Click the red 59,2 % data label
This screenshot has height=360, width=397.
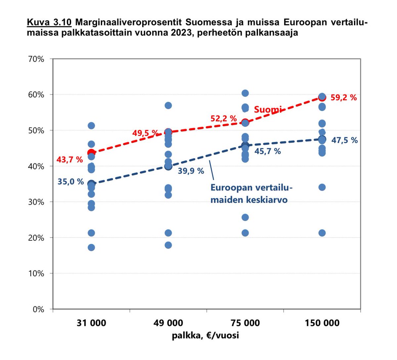point(343,98)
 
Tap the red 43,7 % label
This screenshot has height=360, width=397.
point(69,160)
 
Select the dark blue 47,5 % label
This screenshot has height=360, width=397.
point(344,140)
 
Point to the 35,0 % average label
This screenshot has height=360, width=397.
point(70,182)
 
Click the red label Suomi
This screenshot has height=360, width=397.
point(268,110)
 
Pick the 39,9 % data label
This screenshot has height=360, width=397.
point(191,171)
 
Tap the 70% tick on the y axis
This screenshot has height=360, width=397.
point(36,59)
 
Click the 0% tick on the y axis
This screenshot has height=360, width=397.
point(38,309)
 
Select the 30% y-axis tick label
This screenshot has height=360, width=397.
point(36,202)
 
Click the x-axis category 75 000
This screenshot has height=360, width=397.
point(245,323)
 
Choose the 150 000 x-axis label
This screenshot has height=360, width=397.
point(322,323)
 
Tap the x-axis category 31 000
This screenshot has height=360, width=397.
point(91,323)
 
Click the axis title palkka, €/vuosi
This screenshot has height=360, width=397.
point(205,336)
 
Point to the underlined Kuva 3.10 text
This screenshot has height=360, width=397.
point(49,22)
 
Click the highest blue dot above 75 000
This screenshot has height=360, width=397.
point(245,93)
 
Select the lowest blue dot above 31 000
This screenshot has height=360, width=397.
point(91,247)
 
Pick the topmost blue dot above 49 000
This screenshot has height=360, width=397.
point(168,106)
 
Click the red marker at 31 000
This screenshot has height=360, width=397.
point(91,153)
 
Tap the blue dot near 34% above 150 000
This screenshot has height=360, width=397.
point(322,187)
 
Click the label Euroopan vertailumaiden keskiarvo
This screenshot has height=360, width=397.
point(251,194)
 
